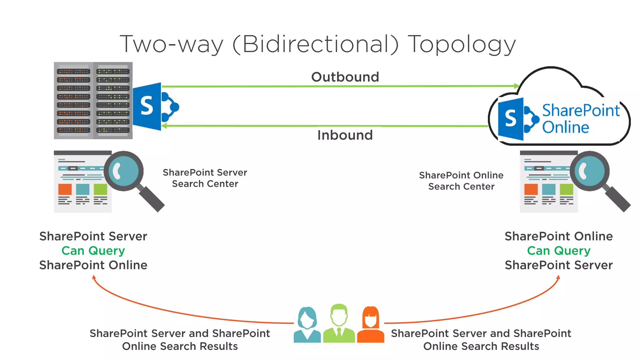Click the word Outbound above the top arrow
coord(345,77)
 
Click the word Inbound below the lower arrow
coord(345,135)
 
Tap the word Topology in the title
coord(462,44)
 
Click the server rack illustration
coord(93,101)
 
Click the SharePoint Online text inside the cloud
coord(581,119)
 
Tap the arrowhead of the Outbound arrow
coord(517,86)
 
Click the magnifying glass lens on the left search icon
coord(124,171)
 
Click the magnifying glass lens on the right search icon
coord(590,171)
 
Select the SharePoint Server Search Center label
coord(205,178)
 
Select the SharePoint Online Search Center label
coord(461,181)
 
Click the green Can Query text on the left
coord(93,251)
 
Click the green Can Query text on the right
coord(559,251)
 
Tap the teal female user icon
coord(307,325)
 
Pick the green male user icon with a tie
coord(339,323)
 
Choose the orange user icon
coord(371,325)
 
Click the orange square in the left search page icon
coord(65,189)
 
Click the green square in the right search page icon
coord(566,189)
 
